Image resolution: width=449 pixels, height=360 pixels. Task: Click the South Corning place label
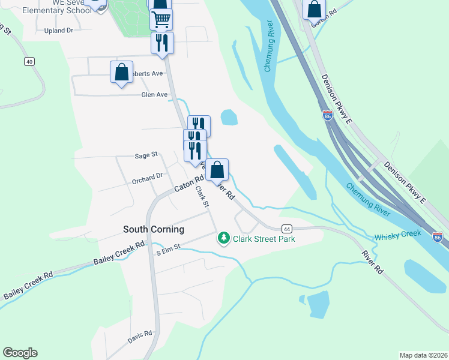pyautogui.click(x=153, y=229)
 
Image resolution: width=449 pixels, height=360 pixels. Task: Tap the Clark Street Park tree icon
pyautogui.click(x=224, y=238)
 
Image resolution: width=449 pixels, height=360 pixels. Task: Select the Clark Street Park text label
pyautogui.click(x=264, y=239)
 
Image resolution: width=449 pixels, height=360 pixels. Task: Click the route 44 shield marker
pyautogui.click(x=286, y=229)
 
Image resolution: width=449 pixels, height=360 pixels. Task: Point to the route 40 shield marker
pyautogui.click(x=29, y=61)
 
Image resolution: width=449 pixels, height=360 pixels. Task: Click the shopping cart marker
pyautogui.click(x=161, y=20)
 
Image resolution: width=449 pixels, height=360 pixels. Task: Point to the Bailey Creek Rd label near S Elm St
pyautogui.click(x=120, y=254)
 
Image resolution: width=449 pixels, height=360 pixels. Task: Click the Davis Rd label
pyautogui.click(x=140, y=338)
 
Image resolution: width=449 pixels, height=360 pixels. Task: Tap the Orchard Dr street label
pyautogui.click(x=147, y=177)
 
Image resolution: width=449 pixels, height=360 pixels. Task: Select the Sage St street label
pyautogui.click(x=146, y=155)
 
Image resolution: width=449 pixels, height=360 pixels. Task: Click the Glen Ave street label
pyautogui.click(x=154, y=95)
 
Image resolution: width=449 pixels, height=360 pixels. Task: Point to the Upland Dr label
pyautogui.click(x=59, y=30)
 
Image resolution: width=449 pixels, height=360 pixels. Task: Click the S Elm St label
pyautogui.click(x=168, y=252)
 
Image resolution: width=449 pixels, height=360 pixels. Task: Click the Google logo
pyautogui.click(x=20, y=353)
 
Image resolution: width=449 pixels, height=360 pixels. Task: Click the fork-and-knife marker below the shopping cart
pyautogui.click(x=162, y=43)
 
